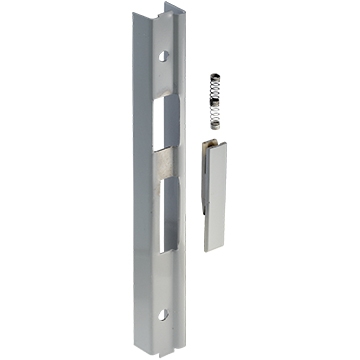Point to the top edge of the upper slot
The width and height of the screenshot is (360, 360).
[167, 99]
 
